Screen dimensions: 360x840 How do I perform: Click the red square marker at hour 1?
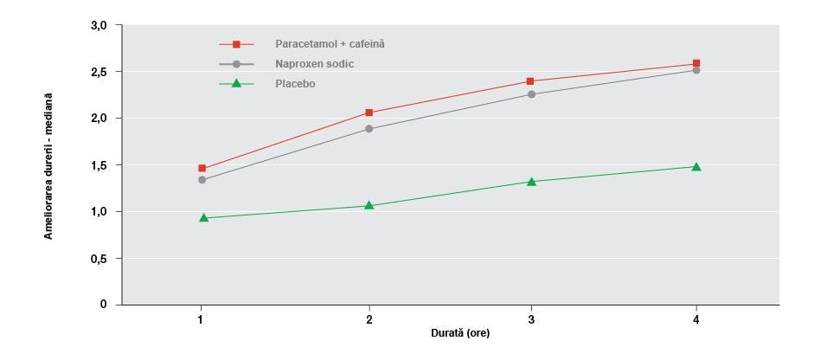point(202,169)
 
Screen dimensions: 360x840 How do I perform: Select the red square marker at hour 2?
point(369,112)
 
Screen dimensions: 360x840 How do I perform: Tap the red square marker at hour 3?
point(531,81)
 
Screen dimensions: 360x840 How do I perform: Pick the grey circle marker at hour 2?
point(369,129)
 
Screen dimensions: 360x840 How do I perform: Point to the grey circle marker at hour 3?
point(531,94)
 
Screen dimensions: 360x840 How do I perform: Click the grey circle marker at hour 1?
point(202,180)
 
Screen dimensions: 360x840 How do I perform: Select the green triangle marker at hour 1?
point(203,218)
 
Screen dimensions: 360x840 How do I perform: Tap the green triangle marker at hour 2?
point(369,205)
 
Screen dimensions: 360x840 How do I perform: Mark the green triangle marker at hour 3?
point(531,182)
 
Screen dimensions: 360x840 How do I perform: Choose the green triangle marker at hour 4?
point(696,166)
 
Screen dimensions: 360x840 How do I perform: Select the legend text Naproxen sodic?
point(315,64)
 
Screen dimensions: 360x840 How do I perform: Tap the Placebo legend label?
point(295,84)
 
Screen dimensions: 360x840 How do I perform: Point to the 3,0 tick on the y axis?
point(99,26)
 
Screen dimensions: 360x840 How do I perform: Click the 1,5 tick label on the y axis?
point(99,165)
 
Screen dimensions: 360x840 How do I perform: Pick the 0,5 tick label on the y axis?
point(99,259)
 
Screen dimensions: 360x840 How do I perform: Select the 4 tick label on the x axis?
point(696,321)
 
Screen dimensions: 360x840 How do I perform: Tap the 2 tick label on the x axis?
point(369,321)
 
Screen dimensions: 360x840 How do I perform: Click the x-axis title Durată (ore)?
point(462,333)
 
